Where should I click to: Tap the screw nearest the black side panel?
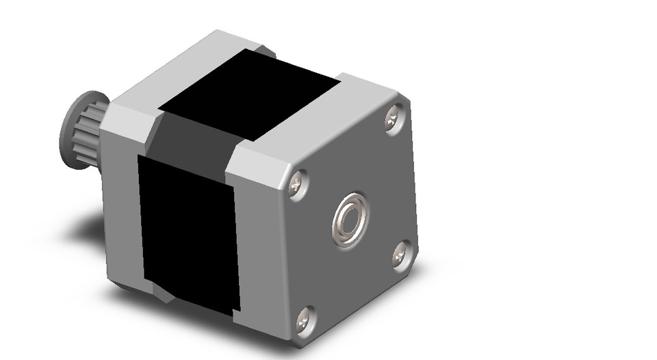tap(297, 183)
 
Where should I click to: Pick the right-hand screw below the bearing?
tap(402, 255)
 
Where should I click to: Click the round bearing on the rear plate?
tap(351, 220)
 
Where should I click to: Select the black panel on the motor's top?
tap(250, 96)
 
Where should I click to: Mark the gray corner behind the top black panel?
tap(263, 52)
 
